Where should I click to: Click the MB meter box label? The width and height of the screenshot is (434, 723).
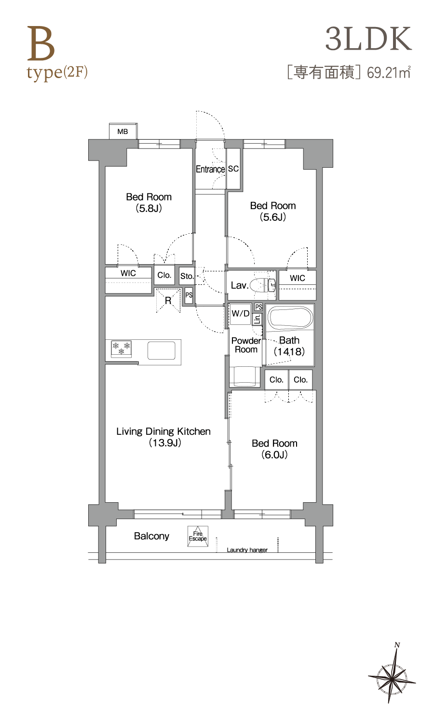click(x=122, y=132)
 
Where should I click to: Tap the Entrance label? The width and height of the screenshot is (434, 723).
click(x=210, y=169)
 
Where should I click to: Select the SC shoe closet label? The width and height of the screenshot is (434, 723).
click(x=233, y=169)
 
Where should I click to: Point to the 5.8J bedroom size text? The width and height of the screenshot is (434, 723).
click(x=149, y=208)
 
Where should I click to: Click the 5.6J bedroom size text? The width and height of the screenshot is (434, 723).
click(x=273, y=217)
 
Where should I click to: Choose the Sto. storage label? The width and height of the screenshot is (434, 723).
click(x=187, y=276)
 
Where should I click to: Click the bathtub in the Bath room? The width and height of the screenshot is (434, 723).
click(x=291, y=317)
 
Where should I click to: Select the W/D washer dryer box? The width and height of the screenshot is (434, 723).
click(x=240, y=314)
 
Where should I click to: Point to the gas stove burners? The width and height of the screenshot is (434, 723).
click(x=122, y=348)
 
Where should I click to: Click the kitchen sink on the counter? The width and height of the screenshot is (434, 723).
click(x=162, y=350)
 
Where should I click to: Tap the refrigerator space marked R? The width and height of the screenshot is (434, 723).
click(x=168, y=300)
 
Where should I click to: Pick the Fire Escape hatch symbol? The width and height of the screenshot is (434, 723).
click(x=198, y=536)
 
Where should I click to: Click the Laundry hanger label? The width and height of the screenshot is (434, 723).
click(x=247, y=550)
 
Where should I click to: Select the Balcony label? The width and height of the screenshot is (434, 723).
click(x=151, y=536)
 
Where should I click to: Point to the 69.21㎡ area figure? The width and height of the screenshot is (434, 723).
click(x=389, y=72)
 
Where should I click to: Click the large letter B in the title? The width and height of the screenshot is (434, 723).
click(x=41, y=44)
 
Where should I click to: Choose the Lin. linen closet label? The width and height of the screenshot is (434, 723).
click(x=258, y=319)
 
